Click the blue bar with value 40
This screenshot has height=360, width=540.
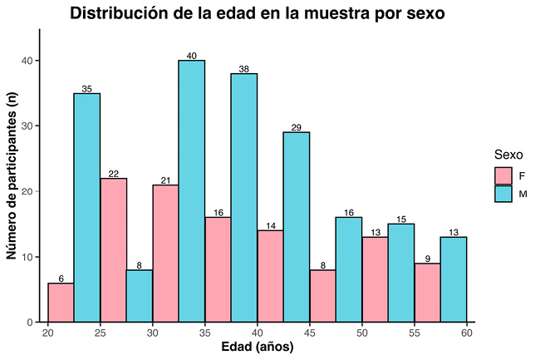(x=192, y=191)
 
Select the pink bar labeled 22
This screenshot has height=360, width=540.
(x=113, y=249)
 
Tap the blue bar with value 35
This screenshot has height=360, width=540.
(x=86, y=208)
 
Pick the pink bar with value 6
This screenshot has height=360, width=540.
(x=61, y=303)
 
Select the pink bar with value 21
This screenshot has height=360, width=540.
(x=165, y=253)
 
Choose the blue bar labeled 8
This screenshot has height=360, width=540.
(x=140, y=296)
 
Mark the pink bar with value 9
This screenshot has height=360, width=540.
(x=427, y=293)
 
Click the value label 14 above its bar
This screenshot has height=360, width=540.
(x=270, y=225)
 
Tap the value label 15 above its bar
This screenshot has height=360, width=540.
(x=401, y=219)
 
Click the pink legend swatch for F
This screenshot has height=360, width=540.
(x=503, y=175)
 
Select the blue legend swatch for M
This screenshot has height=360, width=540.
(x=503, y=194)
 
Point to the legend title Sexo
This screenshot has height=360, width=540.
(x=508, y=155)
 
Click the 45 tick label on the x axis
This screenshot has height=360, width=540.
(x=310, y=333)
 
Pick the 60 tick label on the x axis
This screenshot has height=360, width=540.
(x=467, y=333)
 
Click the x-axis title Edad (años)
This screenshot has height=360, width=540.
(x=257, y=348)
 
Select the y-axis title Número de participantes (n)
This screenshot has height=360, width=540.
(x=12, y=175)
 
